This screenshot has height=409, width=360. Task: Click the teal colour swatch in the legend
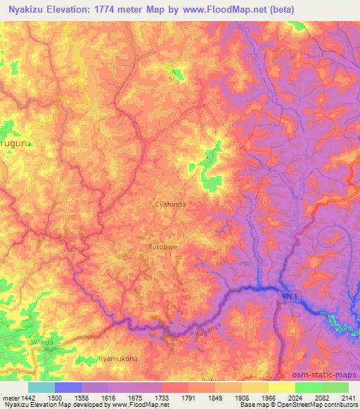point(41,387)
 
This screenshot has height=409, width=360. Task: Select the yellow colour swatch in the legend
point(281,387)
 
